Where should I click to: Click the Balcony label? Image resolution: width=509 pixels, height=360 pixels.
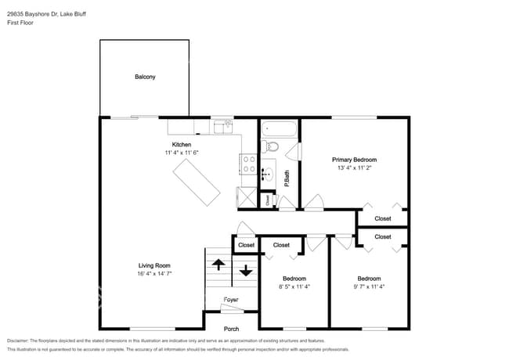point(145,77)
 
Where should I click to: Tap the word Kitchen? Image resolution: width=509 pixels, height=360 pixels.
point(182,145)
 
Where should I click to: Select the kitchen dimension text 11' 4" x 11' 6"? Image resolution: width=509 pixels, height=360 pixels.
point(182,153)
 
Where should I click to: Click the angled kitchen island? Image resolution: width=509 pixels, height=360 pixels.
point(197,181)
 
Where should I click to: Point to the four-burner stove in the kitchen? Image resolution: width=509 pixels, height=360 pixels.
point(249,164)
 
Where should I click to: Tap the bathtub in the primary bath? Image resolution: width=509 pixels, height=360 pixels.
point(278,128)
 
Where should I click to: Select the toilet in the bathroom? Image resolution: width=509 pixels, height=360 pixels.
point(272,146)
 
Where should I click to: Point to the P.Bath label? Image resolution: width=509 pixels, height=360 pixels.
point(287,179)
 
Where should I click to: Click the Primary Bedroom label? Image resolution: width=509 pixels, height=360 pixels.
point(355,159)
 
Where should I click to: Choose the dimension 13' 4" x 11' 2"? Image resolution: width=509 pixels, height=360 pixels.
point(355,167)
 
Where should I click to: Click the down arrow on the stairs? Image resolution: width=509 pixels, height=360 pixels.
point(246,271)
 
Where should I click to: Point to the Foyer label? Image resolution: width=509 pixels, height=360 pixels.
point(231,299)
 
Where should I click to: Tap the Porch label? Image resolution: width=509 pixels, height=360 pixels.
point(231,329)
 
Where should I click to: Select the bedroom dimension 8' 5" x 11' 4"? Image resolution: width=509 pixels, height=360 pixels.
point(294,286)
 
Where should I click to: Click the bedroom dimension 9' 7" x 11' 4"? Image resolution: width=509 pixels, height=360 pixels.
point(369,286)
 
